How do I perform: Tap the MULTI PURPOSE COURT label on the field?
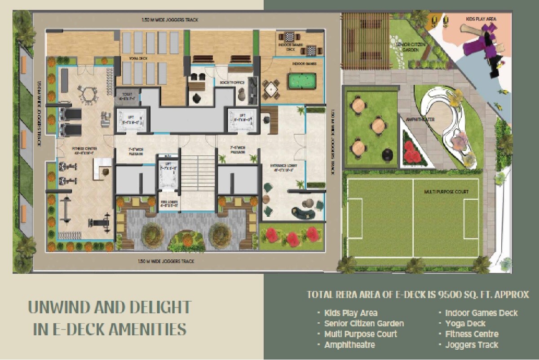point(446,192)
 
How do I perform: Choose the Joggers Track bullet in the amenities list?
point(471,345)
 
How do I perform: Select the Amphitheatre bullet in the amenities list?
point(349,345)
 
